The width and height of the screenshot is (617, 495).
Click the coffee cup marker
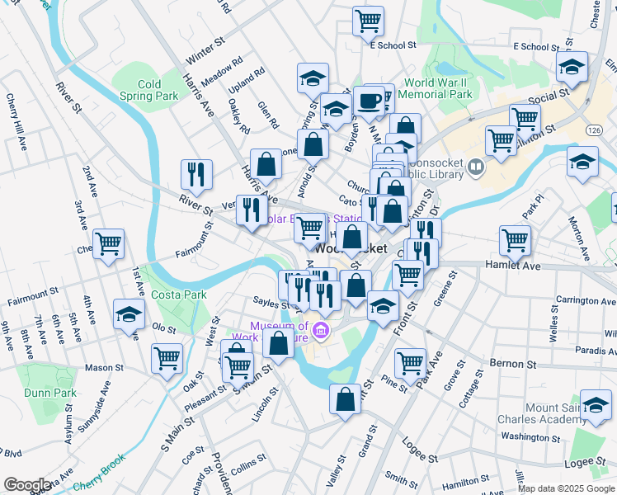pos(369,101)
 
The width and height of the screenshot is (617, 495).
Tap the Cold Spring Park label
pos(149,90)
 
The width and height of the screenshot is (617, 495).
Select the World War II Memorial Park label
pos(438,88)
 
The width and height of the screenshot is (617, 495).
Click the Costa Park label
pos(178,295)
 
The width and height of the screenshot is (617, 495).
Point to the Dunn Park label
pos(49,393)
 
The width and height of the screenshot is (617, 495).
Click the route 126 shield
pos(594,131)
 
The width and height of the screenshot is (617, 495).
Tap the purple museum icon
pos(322,332)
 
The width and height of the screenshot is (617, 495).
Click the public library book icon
pos(475,168)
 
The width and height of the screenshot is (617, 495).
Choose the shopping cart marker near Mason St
pos(167,358)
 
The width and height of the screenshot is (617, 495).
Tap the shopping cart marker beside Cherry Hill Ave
pos(108,243)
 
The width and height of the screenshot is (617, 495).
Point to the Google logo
pos(26,485)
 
